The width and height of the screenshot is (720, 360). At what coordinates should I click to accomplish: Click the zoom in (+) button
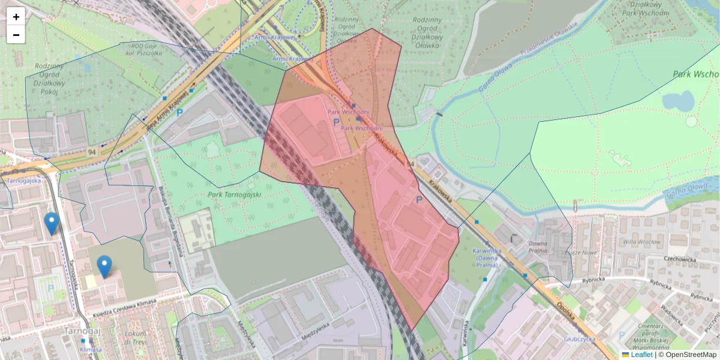click(16, 17)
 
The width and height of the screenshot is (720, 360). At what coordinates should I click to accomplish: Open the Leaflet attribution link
click(641, 355)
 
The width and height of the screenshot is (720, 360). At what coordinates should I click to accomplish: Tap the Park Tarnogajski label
click(236, 194)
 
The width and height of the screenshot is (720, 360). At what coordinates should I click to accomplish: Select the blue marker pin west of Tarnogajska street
click(52, 223)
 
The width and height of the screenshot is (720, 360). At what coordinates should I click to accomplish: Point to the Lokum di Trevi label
click(136, 338)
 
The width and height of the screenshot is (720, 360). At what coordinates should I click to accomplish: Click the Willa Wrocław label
click(643, 243)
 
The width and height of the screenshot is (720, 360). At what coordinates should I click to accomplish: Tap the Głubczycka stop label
click(579, 338)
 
